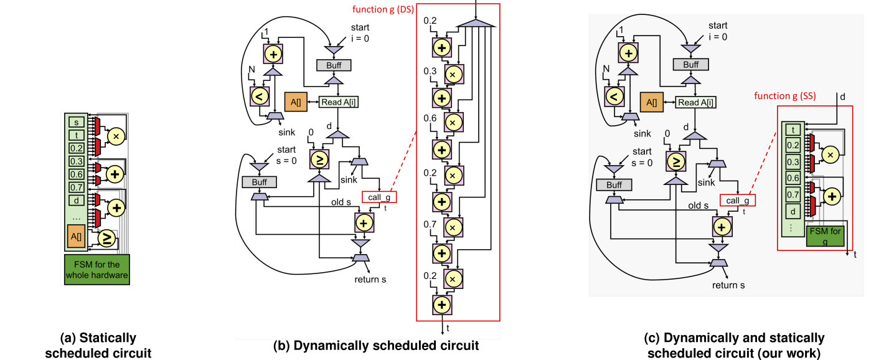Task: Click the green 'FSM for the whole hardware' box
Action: [x=96, y=269]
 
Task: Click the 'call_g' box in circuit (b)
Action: [x=379, y=197]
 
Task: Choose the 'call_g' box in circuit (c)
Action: [x=738, y=201]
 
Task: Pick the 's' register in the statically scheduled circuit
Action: [x=77, y=122]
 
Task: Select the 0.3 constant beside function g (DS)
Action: [x=430, y=72]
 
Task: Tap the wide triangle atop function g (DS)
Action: [x=476, y=23]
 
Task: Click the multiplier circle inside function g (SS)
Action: [x=829, y=154]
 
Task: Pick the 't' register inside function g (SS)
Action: [x=793, y=130]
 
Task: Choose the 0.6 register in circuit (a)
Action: [x=77, y=175]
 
